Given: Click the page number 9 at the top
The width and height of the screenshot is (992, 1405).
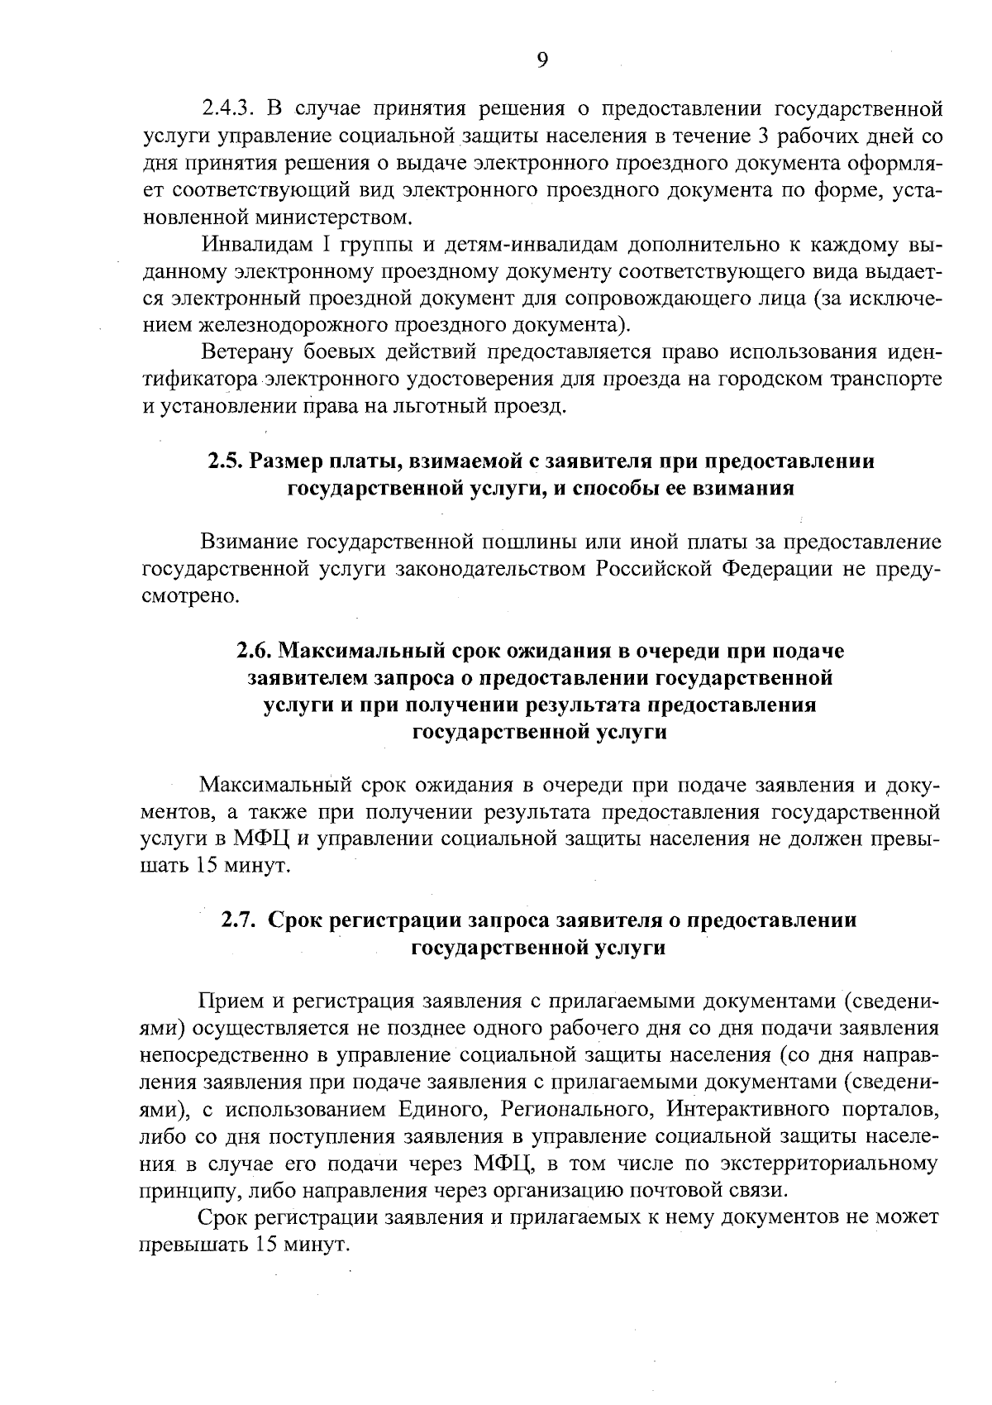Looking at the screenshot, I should click(x=541, y=60).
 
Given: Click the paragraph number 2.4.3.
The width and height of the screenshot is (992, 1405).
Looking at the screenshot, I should click(x=231, y=109).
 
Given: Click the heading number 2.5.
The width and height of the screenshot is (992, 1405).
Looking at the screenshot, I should click(x=223, y=461).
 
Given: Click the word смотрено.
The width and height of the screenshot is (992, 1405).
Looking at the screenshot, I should click(x=191, y=596).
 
